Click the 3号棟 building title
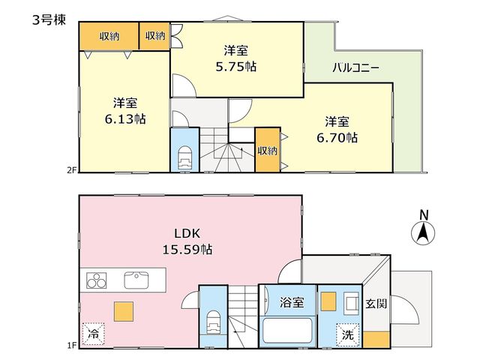[x=49, y=20]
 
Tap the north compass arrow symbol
[x=423, y=232]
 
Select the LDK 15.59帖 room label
[x=187, y=241]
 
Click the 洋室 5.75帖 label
[x=236, y=58]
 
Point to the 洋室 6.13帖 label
[x=125, y=111]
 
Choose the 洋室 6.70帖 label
[x=337, y=130]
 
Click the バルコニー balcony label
[x=356, y=67]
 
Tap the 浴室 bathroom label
[x=292, y=302]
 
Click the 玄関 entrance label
[x=376, y=303]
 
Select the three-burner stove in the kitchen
[x=97, y=280]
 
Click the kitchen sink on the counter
[x=136, y=280]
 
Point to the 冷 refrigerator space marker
[x=93, y=334]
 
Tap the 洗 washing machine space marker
[x=348, y=335]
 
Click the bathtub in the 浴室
[x=287, y=331]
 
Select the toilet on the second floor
[x=185, y=157]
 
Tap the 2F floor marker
[x=71, y=170]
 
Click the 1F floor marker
[x=72, y=346]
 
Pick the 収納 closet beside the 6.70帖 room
[x=268, y=150]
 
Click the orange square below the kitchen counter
[x=124, y=311]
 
